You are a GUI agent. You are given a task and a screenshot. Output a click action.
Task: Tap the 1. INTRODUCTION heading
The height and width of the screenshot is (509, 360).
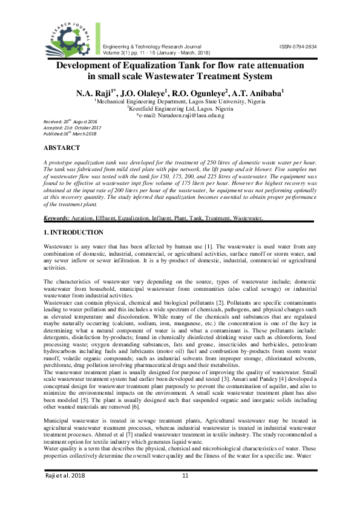pos(73,232)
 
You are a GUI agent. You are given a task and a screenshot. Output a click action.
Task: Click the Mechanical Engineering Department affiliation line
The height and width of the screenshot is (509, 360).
pos(180,102)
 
